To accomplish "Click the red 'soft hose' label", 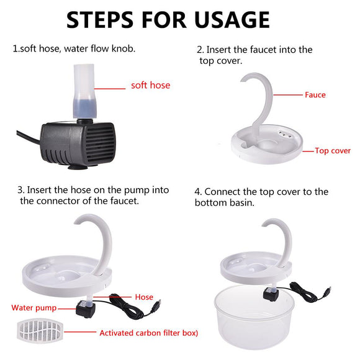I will (150, 85).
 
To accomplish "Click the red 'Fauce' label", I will (315, 95).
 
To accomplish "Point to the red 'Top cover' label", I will (332, 151).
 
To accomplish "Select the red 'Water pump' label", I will (34, 308).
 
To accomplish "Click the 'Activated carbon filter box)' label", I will (148, 333).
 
